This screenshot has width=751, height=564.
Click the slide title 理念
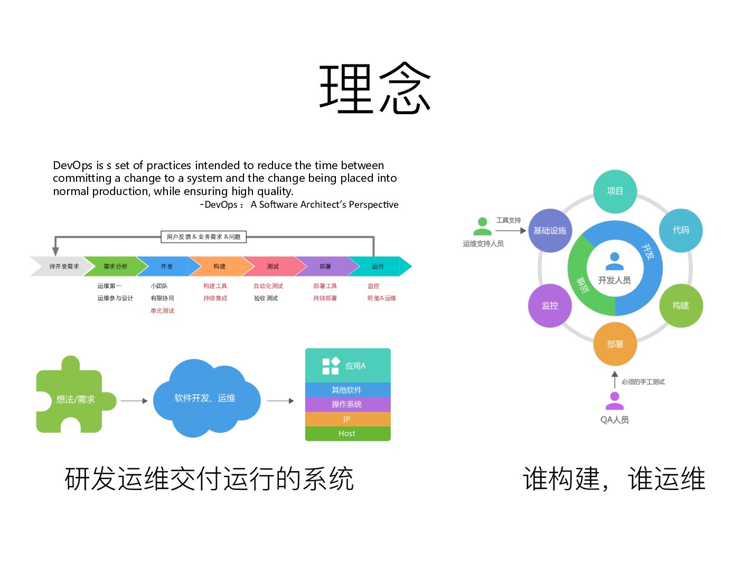click(x=375, y=88)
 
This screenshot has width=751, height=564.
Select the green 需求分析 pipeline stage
click(x=115, y=266)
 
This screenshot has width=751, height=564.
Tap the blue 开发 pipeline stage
click(x=166, y=266)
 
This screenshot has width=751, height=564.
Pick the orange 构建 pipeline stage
click(x=219, y=266)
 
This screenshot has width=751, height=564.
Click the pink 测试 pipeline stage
click(x=273, y=266)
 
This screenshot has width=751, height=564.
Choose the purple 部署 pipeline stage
click(x=325, y=266)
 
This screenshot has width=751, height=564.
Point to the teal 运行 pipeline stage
click(x=378, y=266)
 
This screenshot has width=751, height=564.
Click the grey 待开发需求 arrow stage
click(x=63, y=266)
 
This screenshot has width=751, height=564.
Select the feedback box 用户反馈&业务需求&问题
click(x=203, y=237)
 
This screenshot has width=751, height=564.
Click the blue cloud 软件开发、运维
click(x=205, y=399)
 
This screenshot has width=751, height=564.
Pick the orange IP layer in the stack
click(x=347, y=419)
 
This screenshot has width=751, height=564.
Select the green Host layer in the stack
click(x=347, y=433)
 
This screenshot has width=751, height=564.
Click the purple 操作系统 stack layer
click(x=347, y=404)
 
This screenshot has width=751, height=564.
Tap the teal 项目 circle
click(x=615, y=191)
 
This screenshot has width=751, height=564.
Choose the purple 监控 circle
click(x=550, y=306)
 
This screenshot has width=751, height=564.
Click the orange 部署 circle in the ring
click(x=615, y=344)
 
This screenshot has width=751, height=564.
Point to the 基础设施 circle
click(x=550, y=230)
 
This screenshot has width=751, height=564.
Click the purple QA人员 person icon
click(x=614, y=401)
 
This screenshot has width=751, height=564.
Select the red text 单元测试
click(x=162, y=311)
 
